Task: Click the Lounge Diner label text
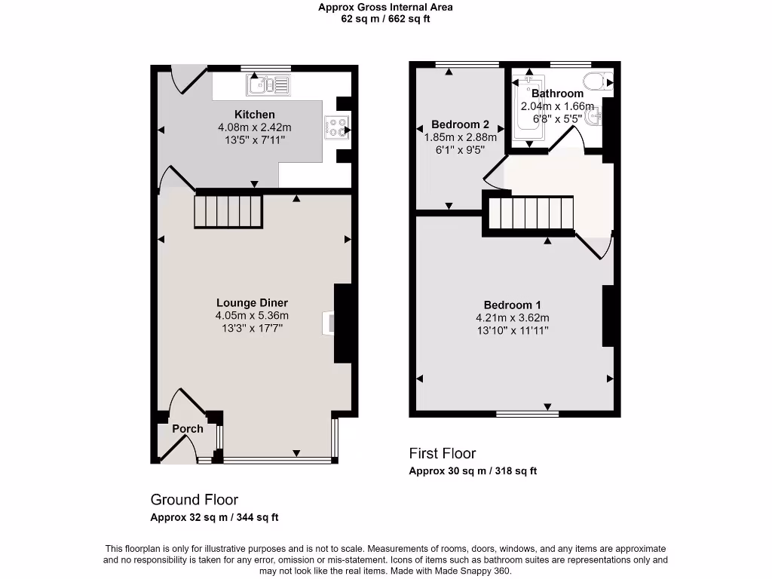(x=252, y=303)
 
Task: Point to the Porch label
(x=187, y=429)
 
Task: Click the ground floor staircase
(x=229, y=210)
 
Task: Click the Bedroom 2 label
(x=460, y=124)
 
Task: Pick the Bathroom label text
(x=557, y=93)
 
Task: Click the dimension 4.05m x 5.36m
(x=252, y=316)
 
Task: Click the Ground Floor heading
(x=195, y=500)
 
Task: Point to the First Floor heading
(x=443, y=453)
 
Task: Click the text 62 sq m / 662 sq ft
(x=385, y=19)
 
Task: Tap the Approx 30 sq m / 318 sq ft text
(x=473, y=471)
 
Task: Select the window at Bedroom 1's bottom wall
(x=527, y=413)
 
